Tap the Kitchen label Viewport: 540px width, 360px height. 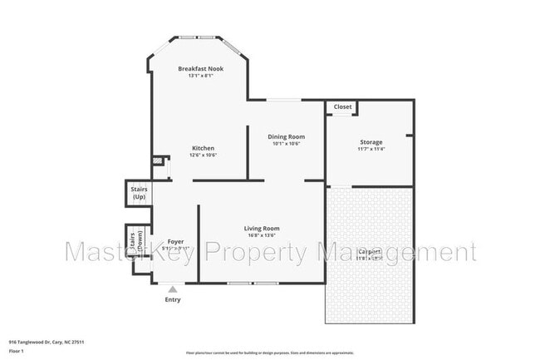203,148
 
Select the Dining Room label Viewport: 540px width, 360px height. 286,136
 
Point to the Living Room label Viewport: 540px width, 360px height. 261,228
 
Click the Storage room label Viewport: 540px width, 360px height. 371,142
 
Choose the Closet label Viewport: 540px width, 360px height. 342,107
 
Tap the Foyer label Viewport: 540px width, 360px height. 175,241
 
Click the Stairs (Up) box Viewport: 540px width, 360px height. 138,193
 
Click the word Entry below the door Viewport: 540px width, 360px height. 173,299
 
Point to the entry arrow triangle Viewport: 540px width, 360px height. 173,289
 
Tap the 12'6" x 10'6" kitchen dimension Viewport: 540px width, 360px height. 203,155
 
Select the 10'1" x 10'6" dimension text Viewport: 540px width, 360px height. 286,144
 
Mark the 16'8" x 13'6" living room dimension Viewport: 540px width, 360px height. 261,235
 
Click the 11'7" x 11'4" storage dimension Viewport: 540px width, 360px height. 371,150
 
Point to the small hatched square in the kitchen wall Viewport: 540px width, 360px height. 155,163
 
